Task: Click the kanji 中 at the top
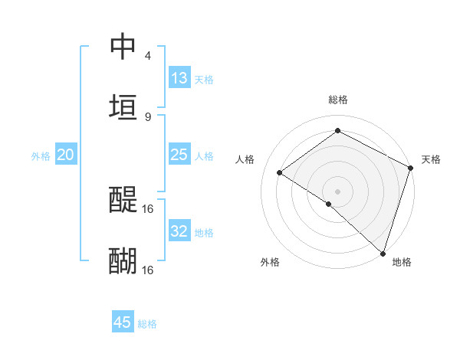(x=123, y=47)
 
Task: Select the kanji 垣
(x=123, y=106)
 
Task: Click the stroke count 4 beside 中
(x=148, y=56)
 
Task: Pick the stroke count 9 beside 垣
(x=148, y=116)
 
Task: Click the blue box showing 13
(x=179, y=78)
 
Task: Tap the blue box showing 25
(x=179, y=155)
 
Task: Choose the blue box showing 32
(x=179, y=231)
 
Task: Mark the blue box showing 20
(x=66, y=155)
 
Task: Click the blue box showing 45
(x=123, y=322)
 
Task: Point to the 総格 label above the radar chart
(x=338, y=100)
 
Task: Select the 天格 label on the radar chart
(x=431, y=159)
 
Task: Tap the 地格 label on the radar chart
(x=402, y=263)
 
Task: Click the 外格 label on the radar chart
(x=270, y=263)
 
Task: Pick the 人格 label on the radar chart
(x=245, y=159)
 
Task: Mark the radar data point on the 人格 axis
(x=280, y=173)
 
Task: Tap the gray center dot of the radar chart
(x=337, y=191)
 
